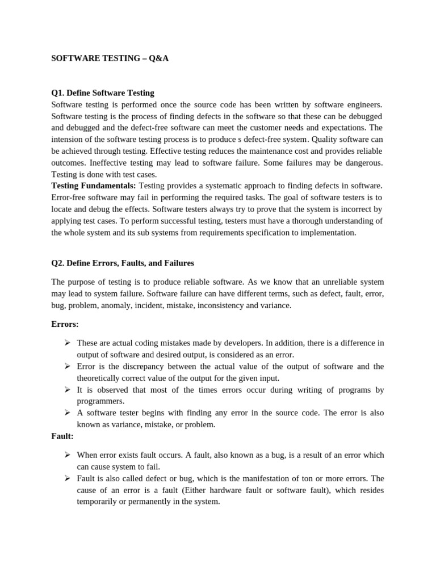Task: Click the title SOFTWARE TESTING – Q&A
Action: pyautogui.click(x=110, y=58)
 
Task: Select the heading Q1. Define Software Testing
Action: pyautogui.click(x=103, y=92)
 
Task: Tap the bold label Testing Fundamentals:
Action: pyautogui.click(x=94, y=186)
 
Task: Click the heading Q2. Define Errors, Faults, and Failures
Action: pyautogui.click(x=123, y=263)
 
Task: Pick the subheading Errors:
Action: pyautogui.click(x=65, y=324)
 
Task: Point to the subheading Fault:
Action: pyautogui.click(x=62, y=436)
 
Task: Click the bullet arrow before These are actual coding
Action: pyautogui.click(x=67, y=343)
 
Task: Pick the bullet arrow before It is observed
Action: pyautogui.click(x=67, y=390)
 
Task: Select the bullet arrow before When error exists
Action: pyautogui.click(x=67, y=455)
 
